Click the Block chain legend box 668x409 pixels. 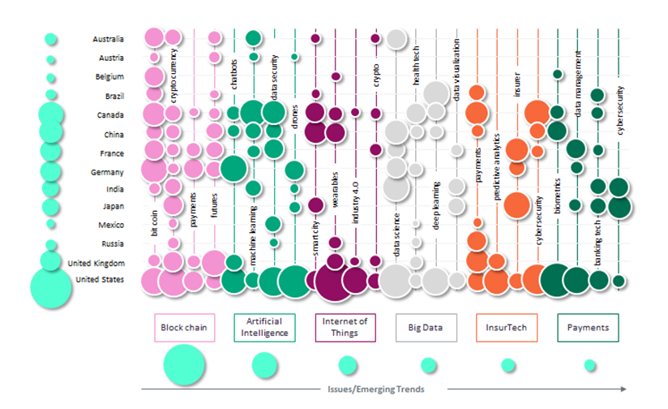[x=185, y=328]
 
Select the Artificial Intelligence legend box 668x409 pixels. [x=264, y=328]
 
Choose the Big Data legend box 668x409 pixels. [x=425, y=328]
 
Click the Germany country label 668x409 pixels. [x=107, y=172]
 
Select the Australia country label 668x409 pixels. [x=108, y=39]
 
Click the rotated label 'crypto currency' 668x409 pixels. [x=174, y=73]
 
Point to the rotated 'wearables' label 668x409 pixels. [x=335, y=211]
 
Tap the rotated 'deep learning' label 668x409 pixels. [x=435, y=208]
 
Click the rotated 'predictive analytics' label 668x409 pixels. [x=496, y=183]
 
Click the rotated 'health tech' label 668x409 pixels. [x=416, y=65]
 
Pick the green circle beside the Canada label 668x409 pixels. [x=51, y=115]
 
